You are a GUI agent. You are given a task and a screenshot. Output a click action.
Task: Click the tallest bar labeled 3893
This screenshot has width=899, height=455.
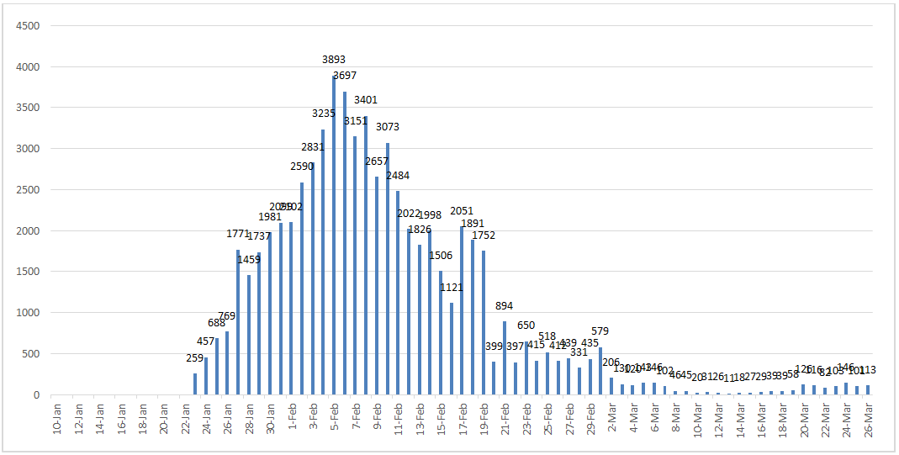[x=334, y=235]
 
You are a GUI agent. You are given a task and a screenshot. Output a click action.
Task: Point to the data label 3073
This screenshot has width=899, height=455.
[x=388, y=127]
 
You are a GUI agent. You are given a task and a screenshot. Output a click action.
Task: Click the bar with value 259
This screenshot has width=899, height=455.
[x=195, y=384]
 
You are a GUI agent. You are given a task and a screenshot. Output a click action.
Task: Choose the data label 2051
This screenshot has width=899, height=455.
[x=463, y=211]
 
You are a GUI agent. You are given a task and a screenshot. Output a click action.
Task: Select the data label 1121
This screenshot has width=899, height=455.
[x=452, y=288]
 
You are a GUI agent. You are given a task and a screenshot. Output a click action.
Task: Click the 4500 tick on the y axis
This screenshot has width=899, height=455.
[x=29, y=25]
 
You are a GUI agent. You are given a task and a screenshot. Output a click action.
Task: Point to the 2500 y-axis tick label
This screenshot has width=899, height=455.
[x=29, y=190]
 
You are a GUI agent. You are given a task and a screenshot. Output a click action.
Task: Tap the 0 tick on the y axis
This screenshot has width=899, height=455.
[x=36, y=395]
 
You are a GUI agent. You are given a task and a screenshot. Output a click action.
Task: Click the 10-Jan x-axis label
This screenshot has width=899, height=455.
[x=56, y=417]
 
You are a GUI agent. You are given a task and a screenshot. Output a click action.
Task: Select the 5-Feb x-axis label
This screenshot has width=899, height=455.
[x=333, y=417]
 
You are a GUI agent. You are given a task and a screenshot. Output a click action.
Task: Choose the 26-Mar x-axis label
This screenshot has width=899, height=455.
[x=866, y=417]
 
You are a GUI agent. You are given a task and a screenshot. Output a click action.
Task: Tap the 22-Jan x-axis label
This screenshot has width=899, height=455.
[x=184, y=417]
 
